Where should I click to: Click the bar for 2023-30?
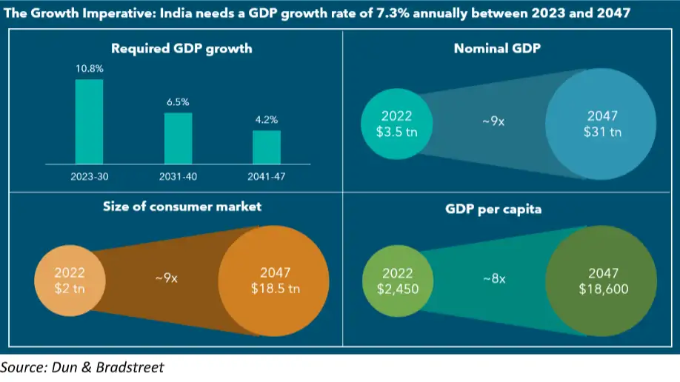coord(89,121)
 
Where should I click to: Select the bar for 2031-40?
coord(178,138)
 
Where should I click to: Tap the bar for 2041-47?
coord(267,147)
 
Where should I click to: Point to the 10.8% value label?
coord(89,69)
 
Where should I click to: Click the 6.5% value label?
coord(178,102)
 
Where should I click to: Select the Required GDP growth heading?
coord(181,50)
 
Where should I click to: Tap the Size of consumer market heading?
coord(181,207)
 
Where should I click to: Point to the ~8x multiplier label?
coord(494,279)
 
